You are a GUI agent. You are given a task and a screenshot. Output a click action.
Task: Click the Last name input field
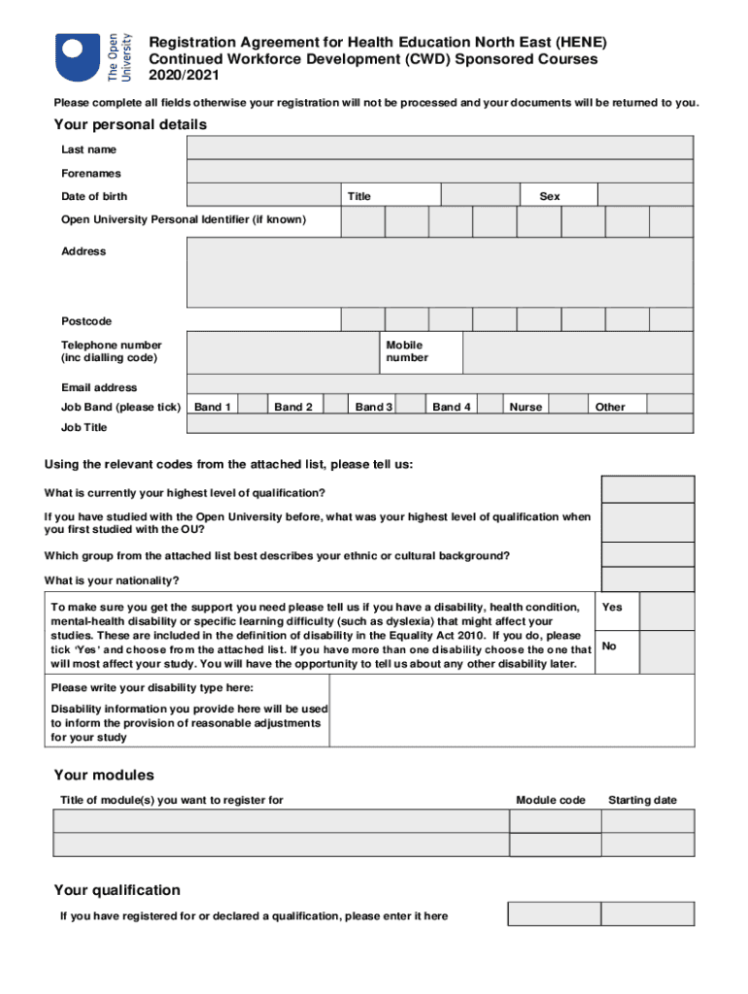(439, 149)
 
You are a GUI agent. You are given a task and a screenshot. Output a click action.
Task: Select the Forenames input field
(439, 172)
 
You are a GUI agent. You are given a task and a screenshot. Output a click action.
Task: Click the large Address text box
(439, 273)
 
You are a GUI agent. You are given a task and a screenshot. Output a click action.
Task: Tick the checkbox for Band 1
(254, 405)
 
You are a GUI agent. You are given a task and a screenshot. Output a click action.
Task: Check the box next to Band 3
(412, 405)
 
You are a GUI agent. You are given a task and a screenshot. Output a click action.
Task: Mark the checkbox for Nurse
(573, 405)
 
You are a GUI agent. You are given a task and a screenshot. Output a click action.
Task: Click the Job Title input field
(439, 425)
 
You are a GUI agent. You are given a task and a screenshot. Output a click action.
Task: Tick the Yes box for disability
(666, 612)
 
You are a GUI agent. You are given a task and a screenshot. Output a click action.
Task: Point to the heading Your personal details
(130, 124)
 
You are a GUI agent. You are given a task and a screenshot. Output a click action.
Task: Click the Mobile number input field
(577, 352)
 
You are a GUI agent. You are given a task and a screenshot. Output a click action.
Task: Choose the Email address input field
(439, 385)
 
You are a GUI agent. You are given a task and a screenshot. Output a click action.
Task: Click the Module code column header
(551, 800)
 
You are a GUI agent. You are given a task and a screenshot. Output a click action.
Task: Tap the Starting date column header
(642, 800)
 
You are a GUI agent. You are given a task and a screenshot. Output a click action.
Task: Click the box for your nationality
(648, 580)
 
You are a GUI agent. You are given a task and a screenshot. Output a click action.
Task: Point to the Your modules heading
(104, 775)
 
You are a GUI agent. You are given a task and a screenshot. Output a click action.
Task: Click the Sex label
(550, 196)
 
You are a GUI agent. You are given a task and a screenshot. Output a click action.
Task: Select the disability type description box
(512, 711)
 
